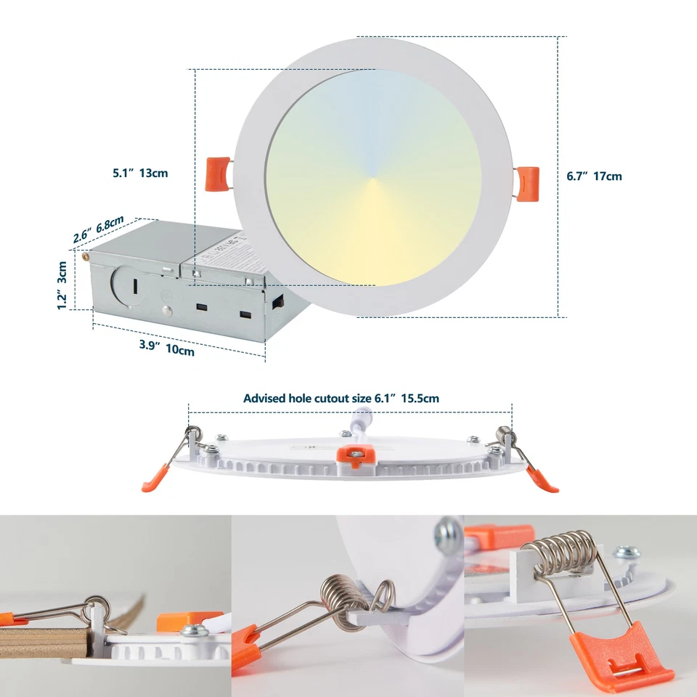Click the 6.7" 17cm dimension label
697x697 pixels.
coord(594,176)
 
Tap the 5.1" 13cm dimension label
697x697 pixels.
coord(140,173)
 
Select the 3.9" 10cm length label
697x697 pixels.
coord(166,348)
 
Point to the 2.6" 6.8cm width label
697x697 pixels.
coord(98,230)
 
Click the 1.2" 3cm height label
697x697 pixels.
coord(63,285)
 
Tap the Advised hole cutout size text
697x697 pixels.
coord(341,398)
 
